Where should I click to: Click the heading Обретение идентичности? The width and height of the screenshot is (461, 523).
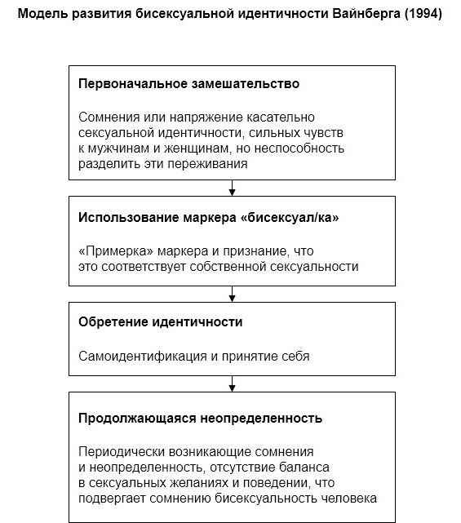160,322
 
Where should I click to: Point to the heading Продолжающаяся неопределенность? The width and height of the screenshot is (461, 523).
200,419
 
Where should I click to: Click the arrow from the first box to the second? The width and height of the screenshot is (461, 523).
233,190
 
